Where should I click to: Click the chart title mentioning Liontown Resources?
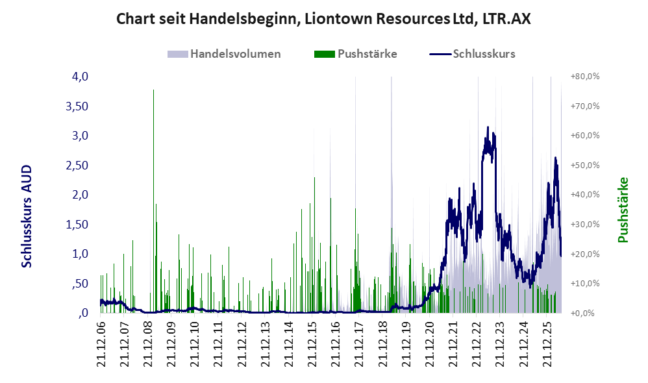[x=323, y=19]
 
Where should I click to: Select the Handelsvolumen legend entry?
[x=224, y=54]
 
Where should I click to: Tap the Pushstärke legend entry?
[x=355, y=54]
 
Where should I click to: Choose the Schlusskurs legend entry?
[x=472, y=54]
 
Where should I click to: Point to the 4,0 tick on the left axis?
[x=80, y=77]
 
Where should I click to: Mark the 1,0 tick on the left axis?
[x=80, y=254]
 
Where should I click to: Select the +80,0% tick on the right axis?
[x=585, y=77]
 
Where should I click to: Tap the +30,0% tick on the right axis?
[x=585, y=225]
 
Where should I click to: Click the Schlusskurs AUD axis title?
[x=27, y=216]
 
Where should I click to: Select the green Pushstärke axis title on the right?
[x=623, y=210]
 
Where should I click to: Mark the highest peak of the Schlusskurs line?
[x=488, y=127]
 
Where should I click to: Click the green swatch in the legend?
[x=325, y=54]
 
